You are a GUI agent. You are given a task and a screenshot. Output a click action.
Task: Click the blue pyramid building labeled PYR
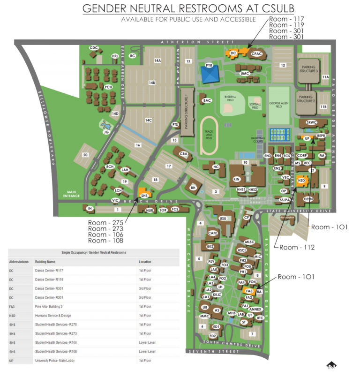(210, 72)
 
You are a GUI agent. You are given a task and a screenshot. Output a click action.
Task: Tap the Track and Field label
(209, 136)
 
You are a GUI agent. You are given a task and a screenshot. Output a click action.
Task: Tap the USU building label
(223, 219)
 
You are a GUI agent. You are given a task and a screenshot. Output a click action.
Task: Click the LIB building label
(204, 307)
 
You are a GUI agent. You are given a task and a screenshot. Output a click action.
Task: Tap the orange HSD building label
(302, 181)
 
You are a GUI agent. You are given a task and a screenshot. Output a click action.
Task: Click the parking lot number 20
(85, 155)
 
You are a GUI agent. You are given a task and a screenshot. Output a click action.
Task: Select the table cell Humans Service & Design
(55, 316)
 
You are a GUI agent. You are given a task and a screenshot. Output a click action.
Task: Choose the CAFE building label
(213, 233)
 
